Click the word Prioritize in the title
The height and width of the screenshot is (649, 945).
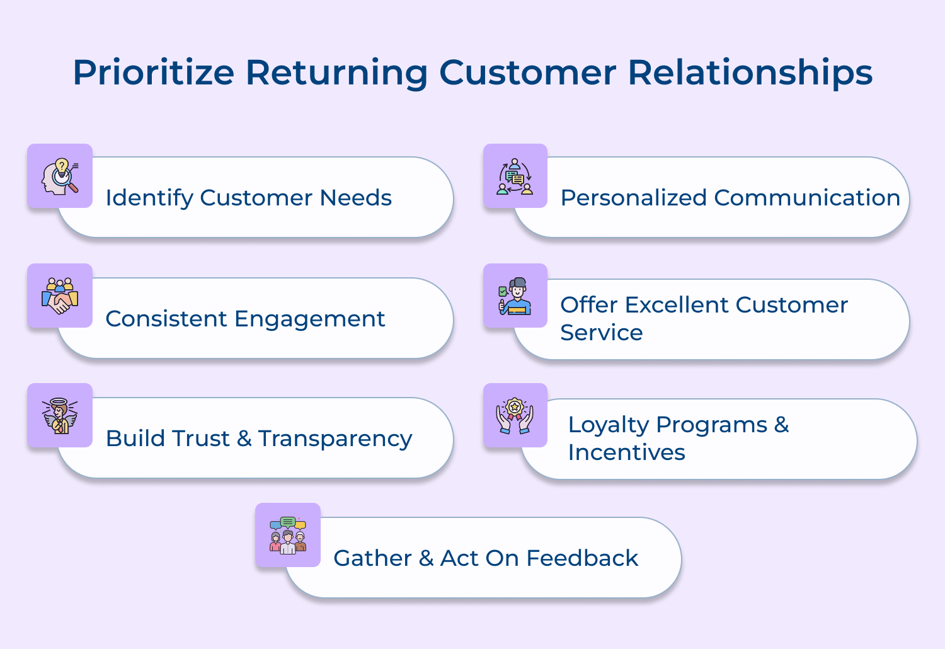153,72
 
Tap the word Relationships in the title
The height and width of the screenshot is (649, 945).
750,72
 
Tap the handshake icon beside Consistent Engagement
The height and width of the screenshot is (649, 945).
60,296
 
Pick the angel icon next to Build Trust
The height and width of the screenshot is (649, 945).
60,415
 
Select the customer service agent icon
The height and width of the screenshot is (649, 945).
515,296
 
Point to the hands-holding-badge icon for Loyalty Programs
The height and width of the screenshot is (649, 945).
515,415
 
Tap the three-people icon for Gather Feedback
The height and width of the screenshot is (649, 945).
288,535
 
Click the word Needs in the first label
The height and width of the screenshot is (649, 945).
355,198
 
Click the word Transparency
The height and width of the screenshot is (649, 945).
335,439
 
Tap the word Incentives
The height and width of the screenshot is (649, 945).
626,452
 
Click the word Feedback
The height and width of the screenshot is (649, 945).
582,558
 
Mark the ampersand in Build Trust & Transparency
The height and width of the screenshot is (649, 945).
244,439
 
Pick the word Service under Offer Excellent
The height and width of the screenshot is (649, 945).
601,333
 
